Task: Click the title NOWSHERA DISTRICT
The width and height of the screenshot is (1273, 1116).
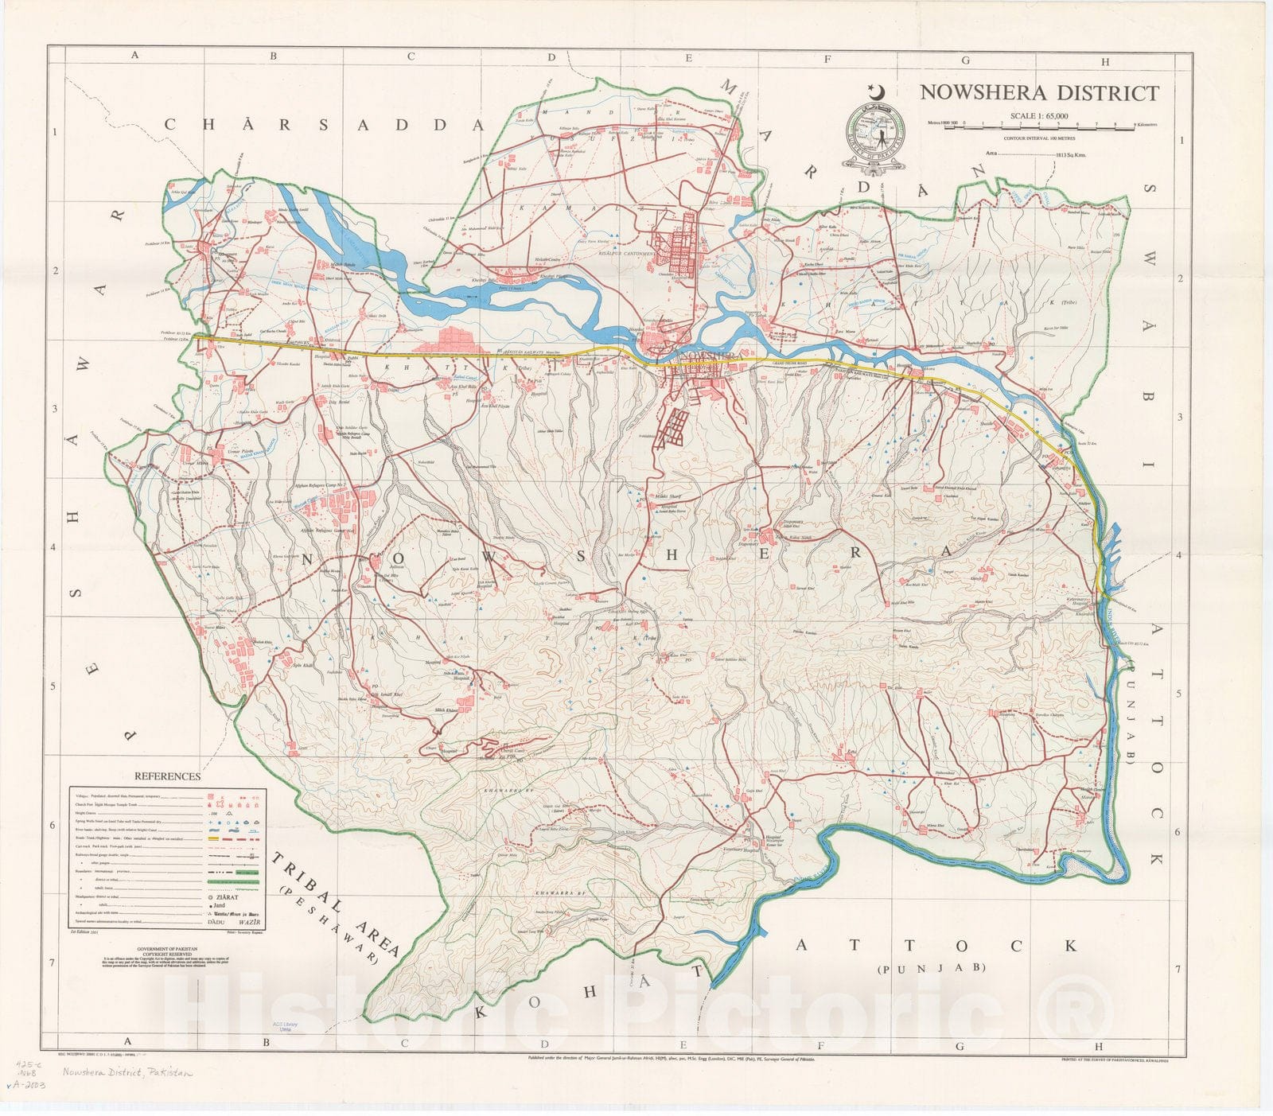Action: (x=1039, y=92)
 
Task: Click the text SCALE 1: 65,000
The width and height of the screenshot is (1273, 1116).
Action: (x=1039, y=115)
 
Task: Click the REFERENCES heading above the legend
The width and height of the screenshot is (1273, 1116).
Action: (x=167, y=776)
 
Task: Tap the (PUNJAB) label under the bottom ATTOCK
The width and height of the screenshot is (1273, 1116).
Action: (x=932, y=968)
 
